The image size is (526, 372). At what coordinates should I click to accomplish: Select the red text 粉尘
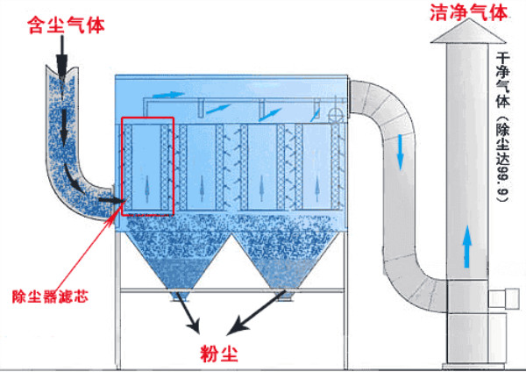[217, 353]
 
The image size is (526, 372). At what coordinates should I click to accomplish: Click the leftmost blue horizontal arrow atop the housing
[164, 91]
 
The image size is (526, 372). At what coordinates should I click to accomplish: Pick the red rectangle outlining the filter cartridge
[148, 165]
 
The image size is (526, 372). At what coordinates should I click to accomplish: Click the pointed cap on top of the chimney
[469, 32]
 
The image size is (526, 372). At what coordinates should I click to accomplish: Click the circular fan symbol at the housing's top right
[334, 114]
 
